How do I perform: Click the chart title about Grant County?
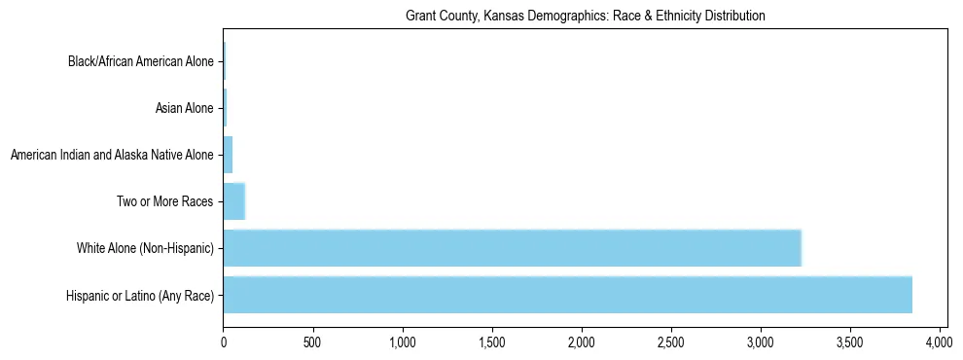585,17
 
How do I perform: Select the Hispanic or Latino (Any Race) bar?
567,295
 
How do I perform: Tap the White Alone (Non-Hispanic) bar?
512,248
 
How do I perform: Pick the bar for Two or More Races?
233,201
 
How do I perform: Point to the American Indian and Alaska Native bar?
228,155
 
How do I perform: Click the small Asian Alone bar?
225,108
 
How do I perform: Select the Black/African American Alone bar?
225,61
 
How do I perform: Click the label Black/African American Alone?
140,62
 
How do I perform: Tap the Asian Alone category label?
184,108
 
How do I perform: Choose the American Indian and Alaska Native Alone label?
111,155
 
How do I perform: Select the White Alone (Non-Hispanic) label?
145,248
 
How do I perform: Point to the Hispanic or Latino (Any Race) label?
140,295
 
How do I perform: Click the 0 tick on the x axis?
224,343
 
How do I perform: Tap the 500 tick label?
313,343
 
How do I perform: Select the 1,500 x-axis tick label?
492,343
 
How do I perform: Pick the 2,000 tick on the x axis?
582,343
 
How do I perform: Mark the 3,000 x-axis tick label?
761,343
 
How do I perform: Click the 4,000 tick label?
940,343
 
